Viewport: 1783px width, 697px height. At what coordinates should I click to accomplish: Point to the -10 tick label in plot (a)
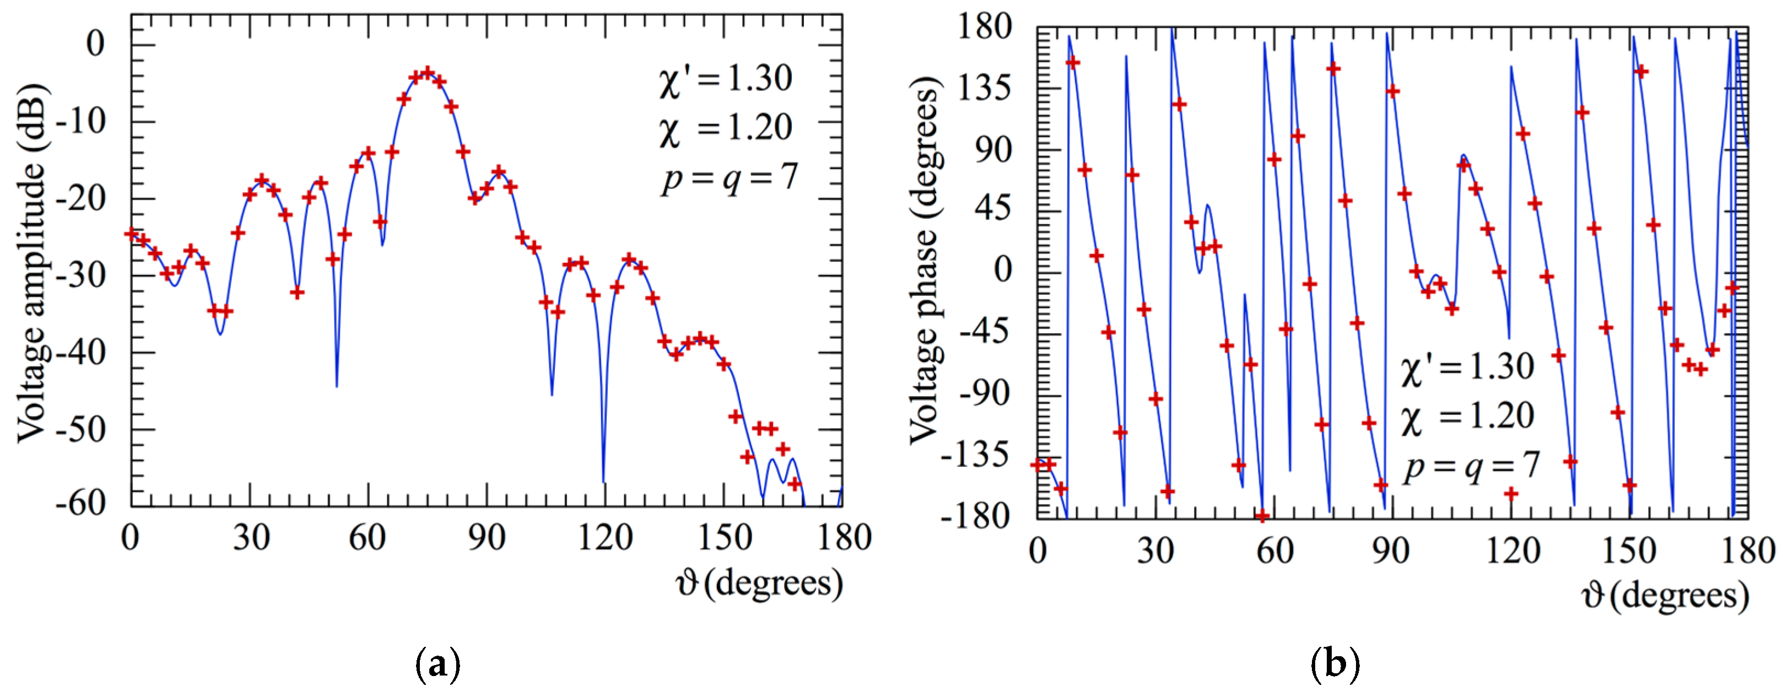pos(81,122)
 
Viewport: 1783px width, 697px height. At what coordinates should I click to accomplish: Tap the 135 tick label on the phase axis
pos(984,88)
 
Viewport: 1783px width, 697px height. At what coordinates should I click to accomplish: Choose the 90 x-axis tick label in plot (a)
pos(487,538)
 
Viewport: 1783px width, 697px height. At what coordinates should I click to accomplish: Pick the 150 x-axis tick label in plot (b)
pos(1629,551)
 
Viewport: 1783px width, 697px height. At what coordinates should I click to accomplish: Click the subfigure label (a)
pos(437,665)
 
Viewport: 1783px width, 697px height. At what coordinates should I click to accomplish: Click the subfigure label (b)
pos(1335,665)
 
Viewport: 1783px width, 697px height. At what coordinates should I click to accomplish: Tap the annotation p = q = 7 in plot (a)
pos(729,178)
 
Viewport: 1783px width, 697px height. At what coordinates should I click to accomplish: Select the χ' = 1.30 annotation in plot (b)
pos(1467,367)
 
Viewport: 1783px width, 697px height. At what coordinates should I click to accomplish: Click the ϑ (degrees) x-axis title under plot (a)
pos(759,583)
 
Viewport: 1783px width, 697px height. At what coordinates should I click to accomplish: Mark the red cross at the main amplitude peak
pos(427,72)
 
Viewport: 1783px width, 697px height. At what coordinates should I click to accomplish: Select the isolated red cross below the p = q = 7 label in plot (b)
pos(1511,494)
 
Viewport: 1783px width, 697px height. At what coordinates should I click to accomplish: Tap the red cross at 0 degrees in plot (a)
pos(132,234)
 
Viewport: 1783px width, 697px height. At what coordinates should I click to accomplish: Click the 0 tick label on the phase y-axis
pos(1002,270)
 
